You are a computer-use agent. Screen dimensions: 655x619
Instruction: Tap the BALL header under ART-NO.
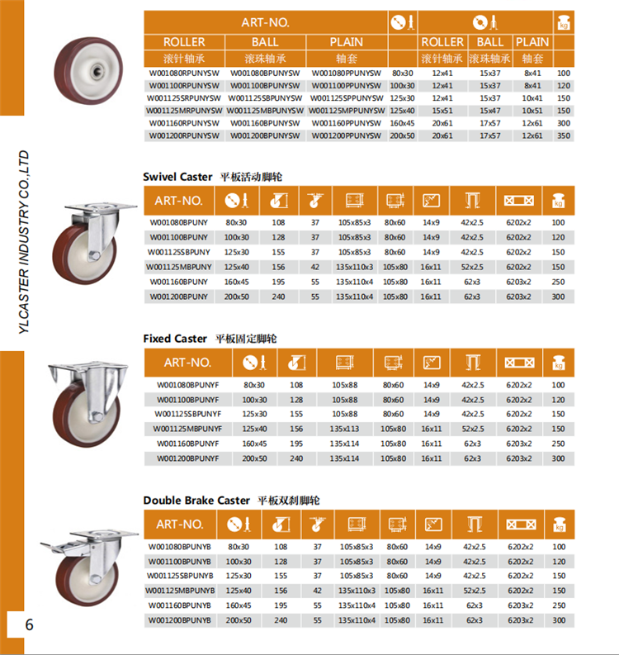click(265, 41)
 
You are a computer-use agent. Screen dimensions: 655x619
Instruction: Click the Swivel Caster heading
click(177, 177)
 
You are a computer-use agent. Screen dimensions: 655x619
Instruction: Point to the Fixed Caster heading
click(175, 339)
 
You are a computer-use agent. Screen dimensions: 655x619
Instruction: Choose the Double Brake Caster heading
click(196, 501)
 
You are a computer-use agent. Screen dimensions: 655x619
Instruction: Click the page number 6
click(30, 625)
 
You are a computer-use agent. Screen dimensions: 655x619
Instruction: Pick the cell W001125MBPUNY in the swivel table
click(179, 267)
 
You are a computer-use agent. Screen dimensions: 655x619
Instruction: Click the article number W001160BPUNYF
click(187, 444)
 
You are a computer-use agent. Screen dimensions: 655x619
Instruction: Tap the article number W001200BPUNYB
click(180, 620)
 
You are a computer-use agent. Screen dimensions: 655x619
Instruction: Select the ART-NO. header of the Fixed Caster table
click(187, 362)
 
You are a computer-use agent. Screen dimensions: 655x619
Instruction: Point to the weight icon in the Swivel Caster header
click(559, 200)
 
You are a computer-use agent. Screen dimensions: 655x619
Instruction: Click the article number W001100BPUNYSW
click(265, 85)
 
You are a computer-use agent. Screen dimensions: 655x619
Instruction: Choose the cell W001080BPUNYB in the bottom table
click(180, 547)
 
